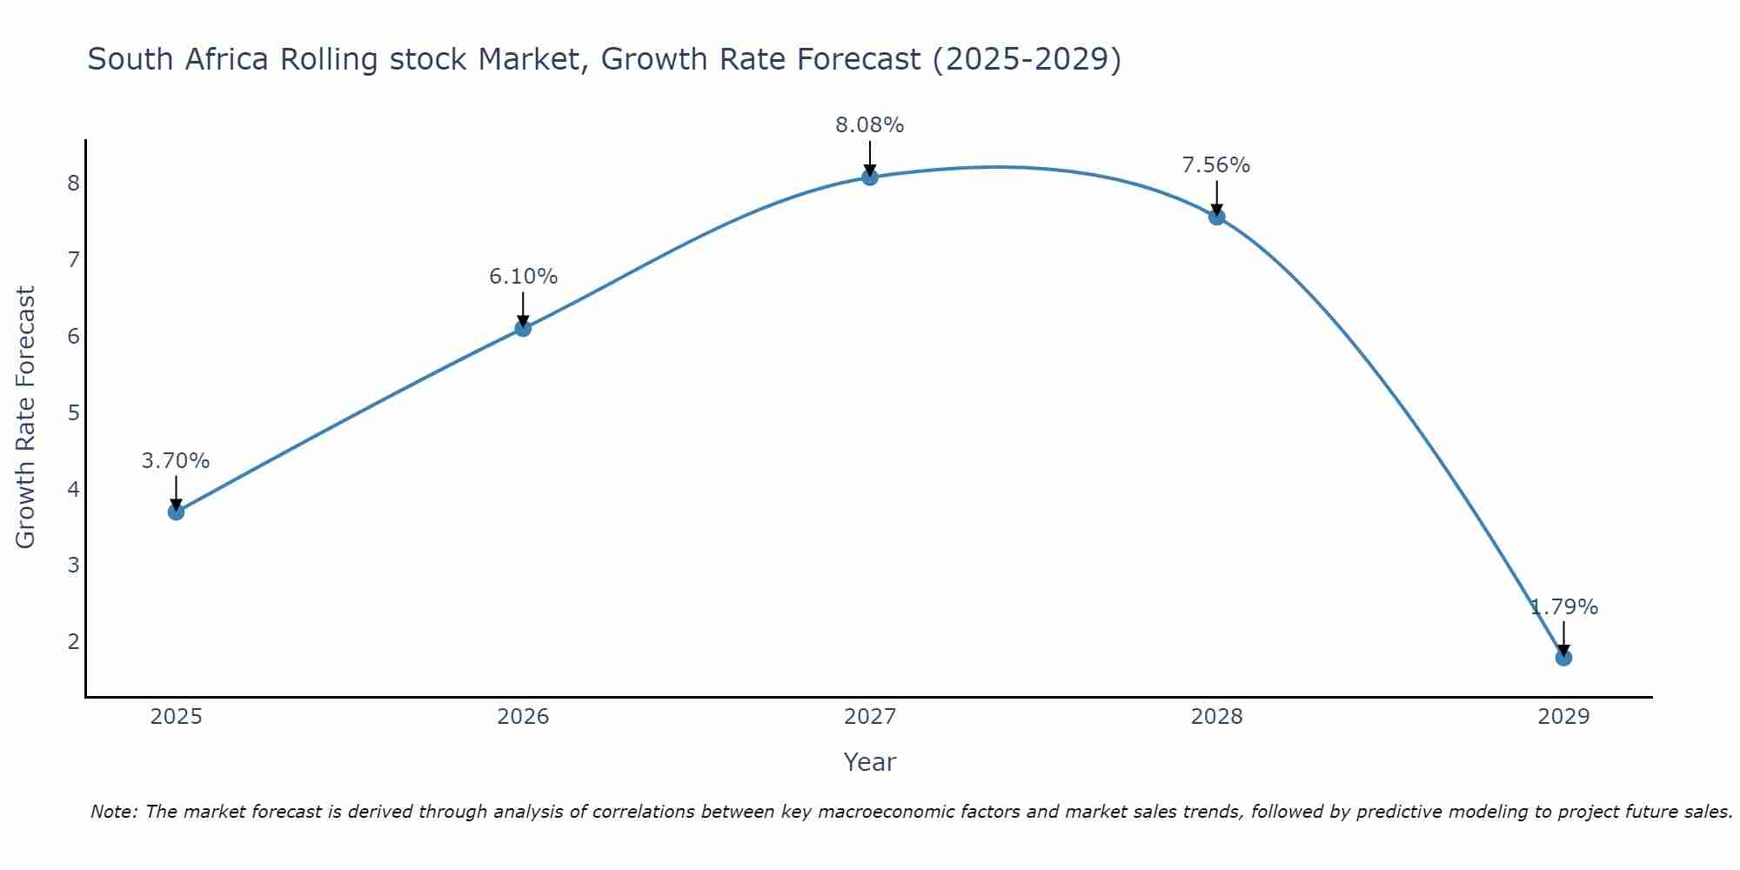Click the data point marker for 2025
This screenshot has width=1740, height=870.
(176, 512)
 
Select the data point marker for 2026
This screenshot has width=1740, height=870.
(523, 328)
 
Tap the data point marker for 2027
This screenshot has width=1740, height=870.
(870, 177)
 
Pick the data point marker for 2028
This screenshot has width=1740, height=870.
(1216, 217)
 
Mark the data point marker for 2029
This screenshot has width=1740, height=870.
(1563, 658)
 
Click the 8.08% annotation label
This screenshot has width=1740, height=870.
(870, 125)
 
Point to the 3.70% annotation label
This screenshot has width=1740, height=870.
(176, 461)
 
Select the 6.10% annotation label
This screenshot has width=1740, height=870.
(523, 277)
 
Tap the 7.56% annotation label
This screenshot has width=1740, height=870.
(1216, 165)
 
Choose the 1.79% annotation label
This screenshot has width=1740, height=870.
(1563, 607)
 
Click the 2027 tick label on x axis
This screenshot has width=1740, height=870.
(870, 717)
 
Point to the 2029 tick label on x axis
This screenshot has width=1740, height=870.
(1563, 717)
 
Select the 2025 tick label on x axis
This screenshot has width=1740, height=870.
(176, 717)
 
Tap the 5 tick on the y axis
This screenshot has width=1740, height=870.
(73, 412)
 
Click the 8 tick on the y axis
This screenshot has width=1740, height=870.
(73, 183)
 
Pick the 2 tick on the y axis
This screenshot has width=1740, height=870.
(73, 642)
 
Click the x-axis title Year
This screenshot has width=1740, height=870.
(870, 762)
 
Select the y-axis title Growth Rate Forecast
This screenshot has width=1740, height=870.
(26, 418)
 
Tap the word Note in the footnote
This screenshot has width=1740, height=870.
(113, 812)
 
